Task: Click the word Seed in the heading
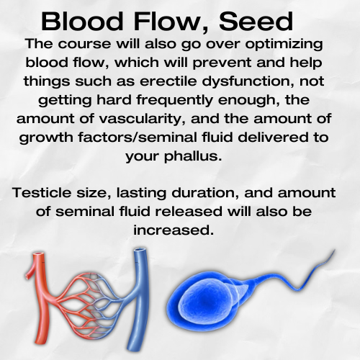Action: (256, 21)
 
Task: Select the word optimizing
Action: (284, 45)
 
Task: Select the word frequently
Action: (175, 100)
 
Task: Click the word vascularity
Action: (142, 119)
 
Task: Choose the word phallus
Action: (193, 156)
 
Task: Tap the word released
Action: (189, 212)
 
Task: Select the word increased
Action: (174, 230)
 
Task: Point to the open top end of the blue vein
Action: (140, 251)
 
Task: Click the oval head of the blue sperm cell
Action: (204, 300)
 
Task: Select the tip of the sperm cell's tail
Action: (335, 250)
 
